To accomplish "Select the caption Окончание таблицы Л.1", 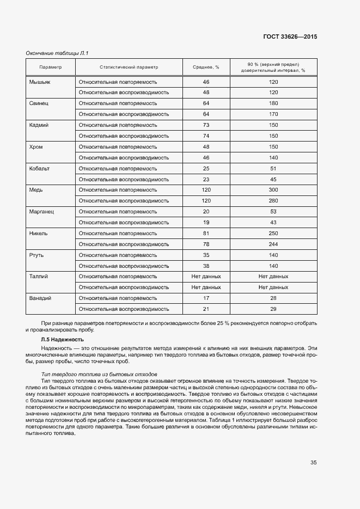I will coord(57,53).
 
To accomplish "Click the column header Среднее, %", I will coord(206,67).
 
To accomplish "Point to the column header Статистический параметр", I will coord(129,67).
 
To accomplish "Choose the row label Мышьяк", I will coord(39,82).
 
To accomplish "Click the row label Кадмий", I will coord(39,125).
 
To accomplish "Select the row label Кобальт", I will coord(39,168).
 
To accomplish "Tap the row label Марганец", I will coord(41,211).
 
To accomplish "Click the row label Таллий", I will coord(38,277).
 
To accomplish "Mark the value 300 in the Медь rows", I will coord(273,190).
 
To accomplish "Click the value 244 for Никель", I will coord(273,244).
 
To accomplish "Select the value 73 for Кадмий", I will coord(206,125).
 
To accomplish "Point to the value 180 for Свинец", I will coord(273,103).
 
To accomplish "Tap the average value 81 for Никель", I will coord(206,233).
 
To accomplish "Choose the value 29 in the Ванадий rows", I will coord(273,309).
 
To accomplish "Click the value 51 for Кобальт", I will coord(273,168).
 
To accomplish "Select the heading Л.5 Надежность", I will coord(63,340).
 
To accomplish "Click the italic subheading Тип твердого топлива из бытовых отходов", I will coord(99,375).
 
